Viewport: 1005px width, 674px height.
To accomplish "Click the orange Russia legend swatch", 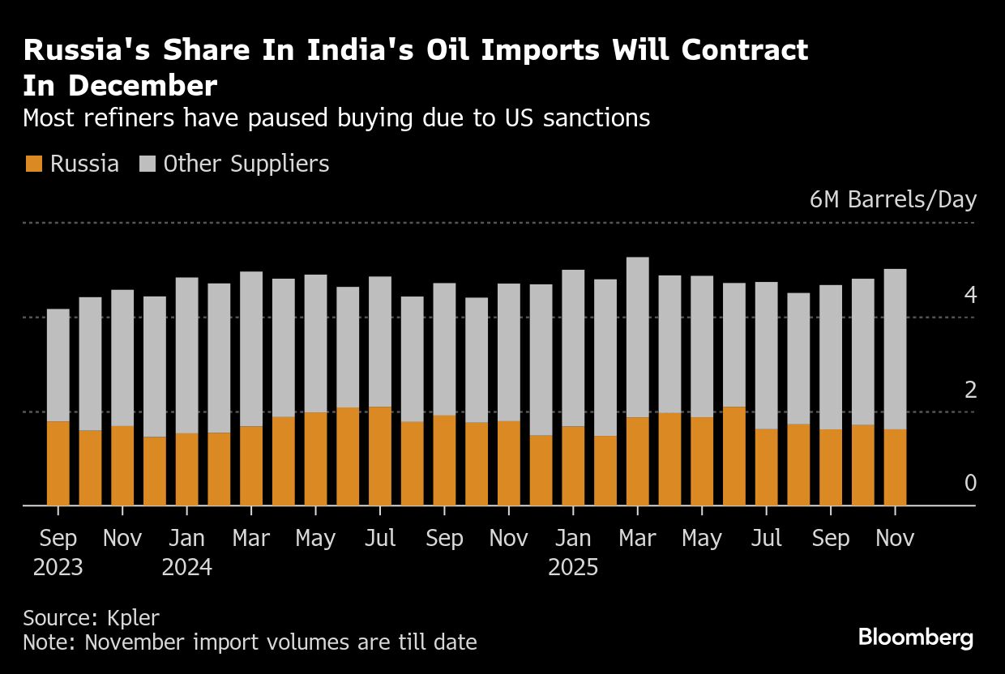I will [33, 164].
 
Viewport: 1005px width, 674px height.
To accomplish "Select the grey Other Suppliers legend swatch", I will [147, 164].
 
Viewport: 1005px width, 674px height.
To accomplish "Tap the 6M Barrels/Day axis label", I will [892, 200].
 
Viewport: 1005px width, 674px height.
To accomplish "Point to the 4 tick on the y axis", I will [970, 296].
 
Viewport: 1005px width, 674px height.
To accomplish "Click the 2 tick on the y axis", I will [970, 390].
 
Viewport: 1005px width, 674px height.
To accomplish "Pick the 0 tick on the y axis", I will [970, 484].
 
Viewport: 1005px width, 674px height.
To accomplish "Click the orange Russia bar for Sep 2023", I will [58, 463].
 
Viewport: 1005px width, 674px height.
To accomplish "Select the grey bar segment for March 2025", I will [638, 337].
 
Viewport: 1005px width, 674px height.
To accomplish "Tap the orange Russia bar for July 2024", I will [380, 456].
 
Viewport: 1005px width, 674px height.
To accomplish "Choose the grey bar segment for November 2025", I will [895, 349].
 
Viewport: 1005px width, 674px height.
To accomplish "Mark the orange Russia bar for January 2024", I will [187, 469].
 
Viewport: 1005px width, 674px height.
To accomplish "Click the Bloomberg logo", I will [915, 638].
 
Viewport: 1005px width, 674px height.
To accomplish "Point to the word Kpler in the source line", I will [133, 617].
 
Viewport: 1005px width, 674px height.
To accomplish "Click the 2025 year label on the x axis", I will [573, 567].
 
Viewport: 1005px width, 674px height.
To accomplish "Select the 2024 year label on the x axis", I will [187, 567].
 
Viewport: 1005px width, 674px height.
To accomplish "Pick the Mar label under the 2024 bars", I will [251, 539].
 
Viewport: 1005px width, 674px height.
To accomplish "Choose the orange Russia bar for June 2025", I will [734, 456].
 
